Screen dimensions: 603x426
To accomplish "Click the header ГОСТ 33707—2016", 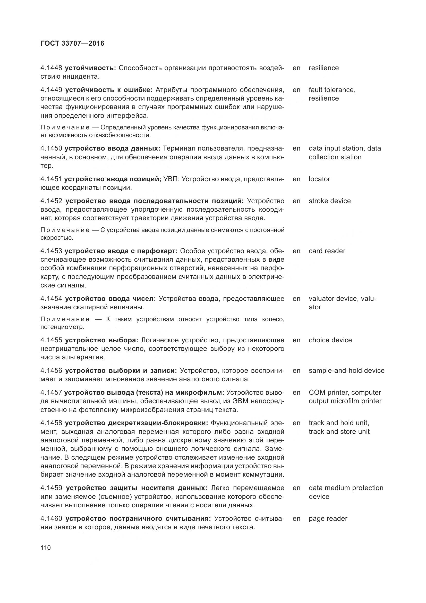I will click(72, 43).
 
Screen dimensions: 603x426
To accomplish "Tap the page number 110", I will click(46, 548).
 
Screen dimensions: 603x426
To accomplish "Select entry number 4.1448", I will click(51, 68).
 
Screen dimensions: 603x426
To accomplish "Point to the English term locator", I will click(319, 179).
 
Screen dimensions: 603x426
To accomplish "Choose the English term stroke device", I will click(329, 201).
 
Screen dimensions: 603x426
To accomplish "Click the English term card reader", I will click(327, 251).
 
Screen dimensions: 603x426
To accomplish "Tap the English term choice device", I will click(330, 340).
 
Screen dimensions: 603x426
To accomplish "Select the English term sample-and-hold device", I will click(346, 370).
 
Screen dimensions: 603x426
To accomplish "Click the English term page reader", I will click(328, 518).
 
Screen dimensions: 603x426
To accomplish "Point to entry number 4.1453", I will click(51, 251).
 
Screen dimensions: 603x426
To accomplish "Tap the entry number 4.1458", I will click(51, 423).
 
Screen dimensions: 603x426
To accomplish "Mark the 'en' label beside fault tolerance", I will click(296, 90).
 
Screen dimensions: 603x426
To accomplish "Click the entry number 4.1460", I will click(51, 518).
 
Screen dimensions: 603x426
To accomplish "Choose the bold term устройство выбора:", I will click(101, 340).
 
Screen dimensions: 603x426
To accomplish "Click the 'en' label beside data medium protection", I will click(296, 488).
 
